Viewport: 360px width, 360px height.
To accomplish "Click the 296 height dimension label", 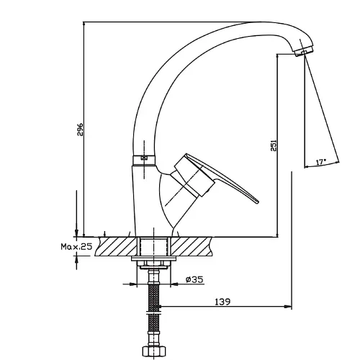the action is pyautogui.click(x=80, y=130).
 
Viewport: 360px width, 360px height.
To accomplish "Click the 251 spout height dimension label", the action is pyautogui.click(x=274, y=145).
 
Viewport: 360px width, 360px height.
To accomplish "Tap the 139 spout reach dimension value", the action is pyautogui.click(x=222, y=302).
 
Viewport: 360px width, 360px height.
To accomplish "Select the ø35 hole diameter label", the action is pyautogui.click(x=194, y=279).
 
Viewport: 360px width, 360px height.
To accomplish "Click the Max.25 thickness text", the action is pyautogui.click(x=76, y=246).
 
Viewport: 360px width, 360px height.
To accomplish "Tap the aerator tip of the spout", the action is pyautogui.click(x=304, y=52).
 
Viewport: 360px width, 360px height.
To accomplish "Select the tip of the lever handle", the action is pyautogui.click(x=257, y=202).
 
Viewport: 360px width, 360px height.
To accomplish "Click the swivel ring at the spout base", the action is pyautogui.click(x=143, y=161).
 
